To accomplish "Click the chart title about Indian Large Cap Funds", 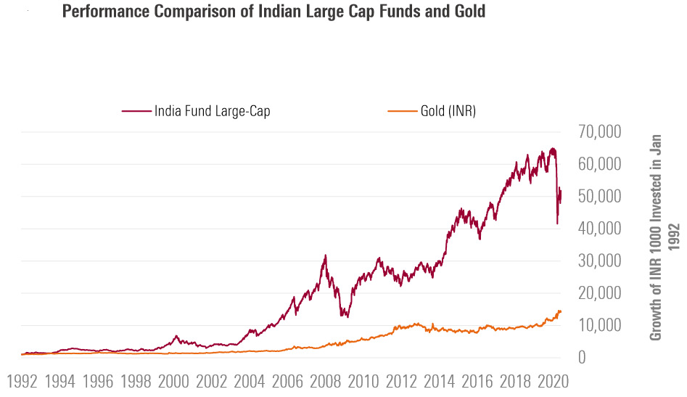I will [x=273, y=12].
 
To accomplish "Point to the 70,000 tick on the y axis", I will [x=601, y=132].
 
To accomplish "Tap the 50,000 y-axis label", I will [x=601, y=197].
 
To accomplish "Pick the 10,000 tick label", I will [x=601, y=325].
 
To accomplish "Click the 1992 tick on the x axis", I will [x=22, y=381].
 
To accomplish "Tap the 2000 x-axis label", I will [x=173, y=381].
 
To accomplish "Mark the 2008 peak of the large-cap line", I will [x=326, y=255].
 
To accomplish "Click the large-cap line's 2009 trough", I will [x=348, y=317].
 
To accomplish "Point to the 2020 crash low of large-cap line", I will [x=557, y=224].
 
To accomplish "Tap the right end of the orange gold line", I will [x=561, y=311].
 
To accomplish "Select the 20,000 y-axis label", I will [x=601, y=293].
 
